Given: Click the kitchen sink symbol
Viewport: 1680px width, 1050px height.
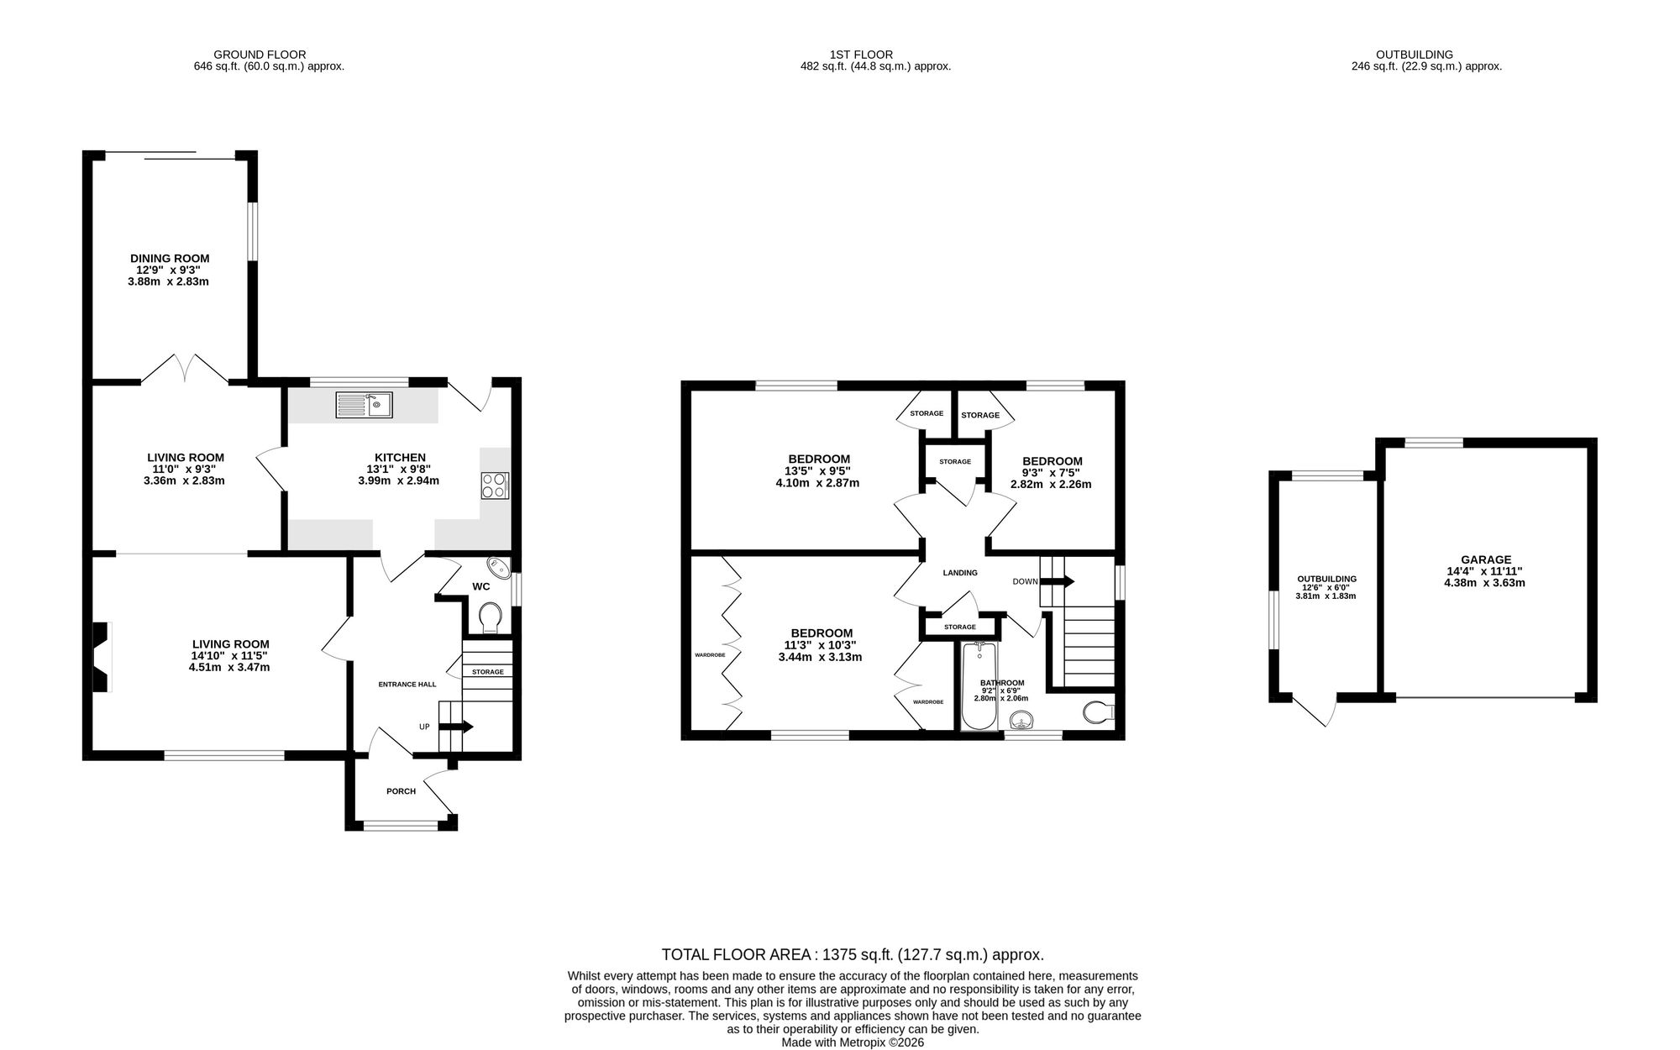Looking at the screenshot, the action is click(364, 405).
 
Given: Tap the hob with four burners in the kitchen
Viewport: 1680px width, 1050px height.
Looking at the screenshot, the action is click(495, 486).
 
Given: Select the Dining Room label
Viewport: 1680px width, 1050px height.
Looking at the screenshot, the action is click(170, 259).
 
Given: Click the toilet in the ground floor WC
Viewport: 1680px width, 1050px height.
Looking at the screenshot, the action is click(488, 617).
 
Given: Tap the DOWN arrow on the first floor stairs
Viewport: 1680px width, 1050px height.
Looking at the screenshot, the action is click(1057, 580).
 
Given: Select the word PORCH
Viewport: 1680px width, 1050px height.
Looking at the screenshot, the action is click(401, 791).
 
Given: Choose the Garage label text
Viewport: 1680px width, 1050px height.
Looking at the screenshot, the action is click(1486, 559).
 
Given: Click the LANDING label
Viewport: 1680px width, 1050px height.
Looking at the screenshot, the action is click(960, 573).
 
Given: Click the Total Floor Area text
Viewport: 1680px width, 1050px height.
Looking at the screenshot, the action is click(853, 954).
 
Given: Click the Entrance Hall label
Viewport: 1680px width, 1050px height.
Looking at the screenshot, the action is click(407, 685).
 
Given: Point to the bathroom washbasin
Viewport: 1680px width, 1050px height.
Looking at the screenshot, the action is click(1021, 720).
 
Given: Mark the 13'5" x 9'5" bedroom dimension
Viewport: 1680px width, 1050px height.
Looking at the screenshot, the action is click(816, 471).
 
